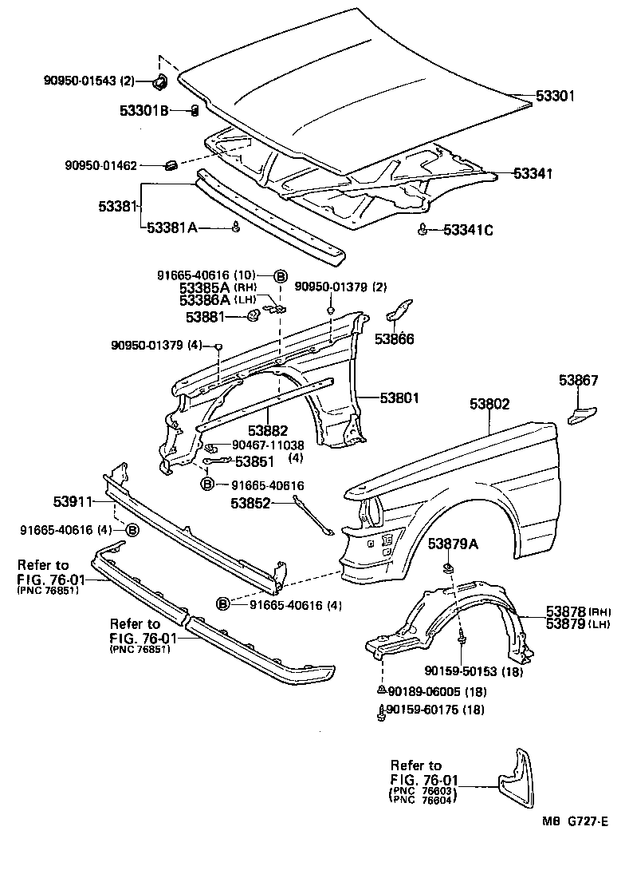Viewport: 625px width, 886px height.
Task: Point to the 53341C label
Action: [468, 231]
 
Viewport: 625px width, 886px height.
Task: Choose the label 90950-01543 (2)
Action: [89, 81]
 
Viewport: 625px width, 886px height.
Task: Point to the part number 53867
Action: [578, 380]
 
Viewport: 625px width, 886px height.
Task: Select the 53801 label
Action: [399, 397]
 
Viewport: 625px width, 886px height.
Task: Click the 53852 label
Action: [251, 503]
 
